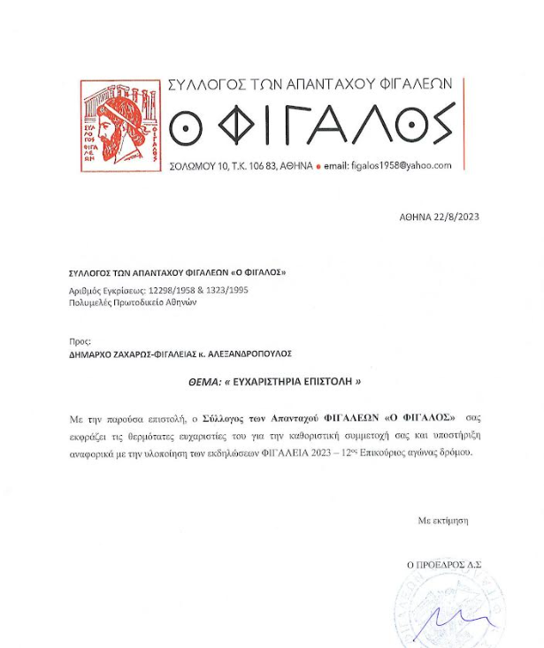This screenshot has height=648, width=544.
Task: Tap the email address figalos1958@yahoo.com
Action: (x=402, y=165)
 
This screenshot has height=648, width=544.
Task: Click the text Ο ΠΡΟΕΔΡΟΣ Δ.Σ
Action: (x=443, y=564)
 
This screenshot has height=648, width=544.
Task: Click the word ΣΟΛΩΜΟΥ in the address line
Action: (x=192, y=166)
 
